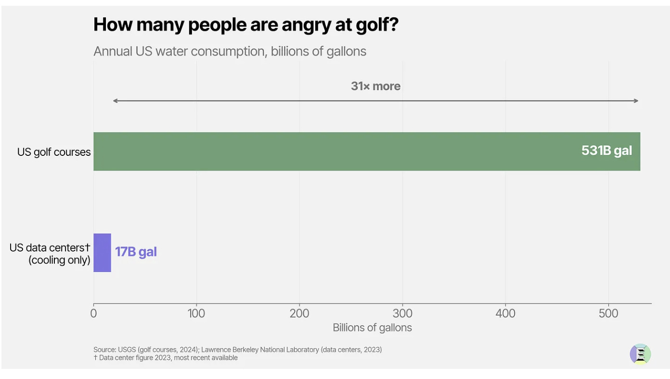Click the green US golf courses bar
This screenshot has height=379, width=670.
pyautogui.click(x=367, y=152)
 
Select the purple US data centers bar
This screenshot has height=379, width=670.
pyautogui.click(x=103, y=253)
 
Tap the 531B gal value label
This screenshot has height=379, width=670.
pyautogui.click(x=606, y=151)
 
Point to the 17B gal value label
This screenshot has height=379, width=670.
pyautogui.click(x=136, y=252)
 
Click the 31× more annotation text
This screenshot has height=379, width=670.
pyautogui.click(x=376, y=86)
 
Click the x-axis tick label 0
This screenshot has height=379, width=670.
pyautogui.click(x=94, y=314)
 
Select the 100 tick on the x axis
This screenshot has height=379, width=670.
pyautogui.click(x=196, y=314)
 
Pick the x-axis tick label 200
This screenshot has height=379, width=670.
pyautogui.click(x=299, y=314)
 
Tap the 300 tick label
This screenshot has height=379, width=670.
pyautogui.click(x=402, y=314)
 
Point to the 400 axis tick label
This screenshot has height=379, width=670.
pyautogui.click(x=505, y=314)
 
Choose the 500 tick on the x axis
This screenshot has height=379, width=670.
pyautogui.click(x=608, y=314)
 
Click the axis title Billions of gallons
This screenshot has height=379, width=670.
pyautogui.click(x=373, y=328)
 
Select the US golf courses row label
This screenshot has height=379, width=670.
pyautogui.click(x=54, y=152)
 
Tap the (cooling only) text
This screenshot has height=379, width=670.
pyautogui.click(x=59, y=260)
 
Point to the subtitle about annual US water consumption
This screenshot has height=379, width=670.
pyautogui.click(x=230, y=51)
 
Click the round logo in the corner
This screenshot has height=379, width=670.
pyautogui.click(x=640, y=354)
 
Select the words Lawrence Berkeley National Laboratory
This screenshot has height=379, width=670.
pyautogui.click(x=260, y=350)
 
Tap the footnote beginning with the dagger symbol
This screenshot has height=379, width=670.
pyautogui.click(x=166, y=358)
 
